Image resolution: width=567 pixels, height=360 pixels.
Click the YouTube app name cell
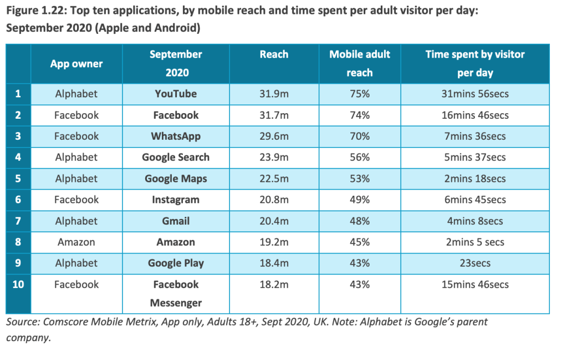(176, 94)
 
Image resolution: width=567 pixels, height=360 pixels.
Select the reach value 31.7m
(274, 115)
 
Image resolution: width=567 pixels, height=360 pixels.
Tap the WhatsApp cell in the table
(176, 136)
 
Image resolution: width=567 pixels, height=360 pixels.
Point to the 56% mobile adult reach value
(360, 158)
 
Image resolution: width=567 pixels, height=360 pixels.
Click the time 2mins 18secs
(475, 179)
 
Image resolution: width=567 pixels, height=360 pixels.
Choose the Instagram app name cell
(176, 200)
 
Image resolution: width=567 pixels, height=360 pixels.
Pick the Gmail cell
(176, 221)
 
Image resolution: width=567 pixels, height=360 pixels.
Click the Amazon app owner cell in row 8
(76, 242)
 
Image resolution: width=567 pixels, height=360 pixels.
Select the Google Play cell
(176, 263)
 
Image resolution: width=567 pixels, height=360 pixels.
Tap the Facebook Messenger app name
(176, 293)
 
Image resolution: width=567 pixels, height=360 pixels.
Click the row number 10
(18, 285)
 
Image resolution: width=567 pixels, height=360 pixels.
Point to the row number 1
(18, 94)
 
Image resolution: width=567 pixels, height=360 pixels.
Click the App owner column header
(76, 64)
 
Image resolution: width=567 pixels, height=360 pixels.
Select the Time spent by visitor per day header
(475, 63)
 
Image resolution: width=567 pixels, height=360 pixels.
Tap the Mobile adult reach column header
(360, 63)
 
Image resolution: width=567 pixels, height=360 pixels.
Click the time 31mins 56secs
(475, 94)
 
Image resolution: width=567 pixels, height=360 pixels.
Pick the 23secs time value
(475, 263)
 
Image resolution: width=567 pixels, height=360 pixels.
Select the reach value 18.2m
(274, 285)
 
